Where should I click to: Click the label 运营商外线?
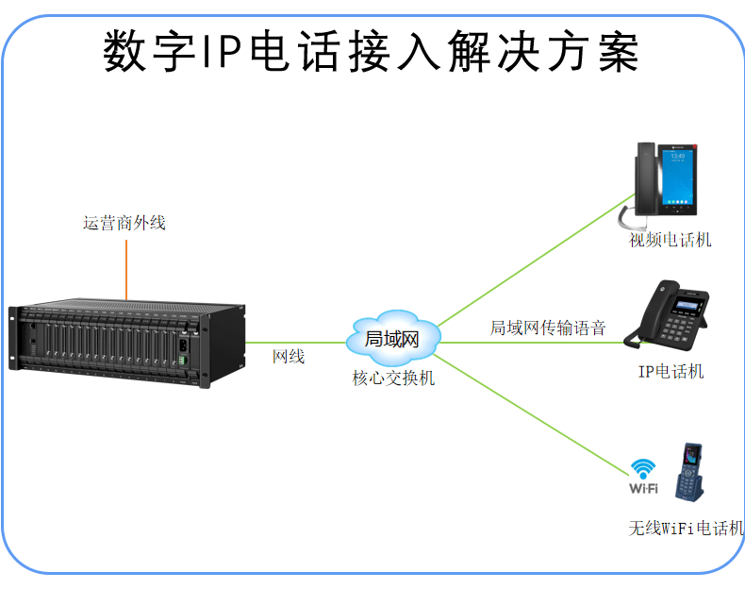point(124,224)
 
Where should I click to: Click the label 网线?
point(289,357)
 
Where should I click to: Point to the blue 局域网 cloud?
point(391,338)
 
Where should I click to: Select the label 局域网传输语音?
point(547,328)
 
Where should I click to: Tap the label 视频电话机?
point(670,240)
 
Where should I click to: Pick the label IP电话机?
point(670,371)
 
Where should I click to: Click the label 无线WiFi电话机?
point(687,528)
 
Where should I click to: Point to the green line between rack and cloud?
point(297,342)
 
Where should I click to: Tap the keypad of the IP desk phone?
point(678,330)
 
